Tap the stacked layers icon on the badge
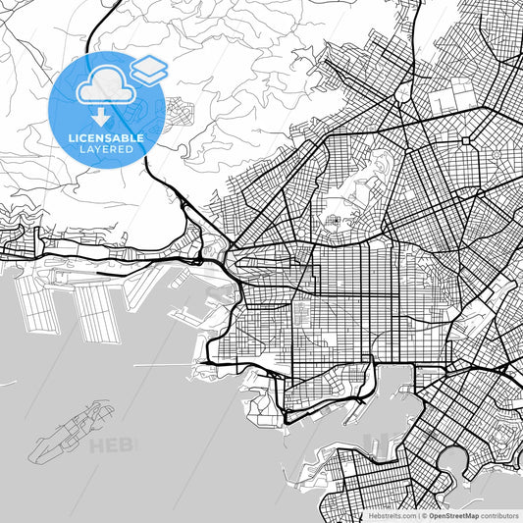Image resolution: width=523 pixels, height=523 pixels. (149, 68)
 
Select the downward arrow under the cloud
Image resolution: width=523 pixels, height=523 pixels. (102, 116)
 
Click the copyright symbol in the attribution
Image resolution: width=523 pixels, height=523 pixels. (423, 514)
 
